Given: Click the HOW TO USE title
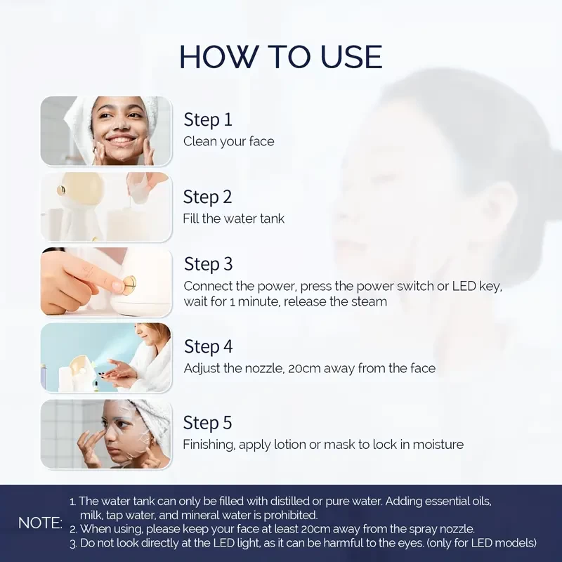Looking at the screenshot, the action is tap(280, 57).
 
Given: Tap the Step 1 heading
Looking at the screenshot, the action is tap(208, 119).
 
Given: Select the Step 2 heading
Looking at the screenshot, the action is tap(207, 197).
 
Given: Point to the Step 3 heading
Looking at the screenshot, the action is tap(208, 264).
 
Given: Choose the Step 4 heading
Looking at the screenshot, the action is tap(208, 346).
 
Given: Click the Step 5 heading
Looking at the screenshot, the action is tap(207, 423).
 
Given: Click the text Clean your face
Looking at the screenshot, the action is tap(229, 142).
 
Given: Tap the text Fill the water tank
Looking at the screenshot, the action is tap(234, 218).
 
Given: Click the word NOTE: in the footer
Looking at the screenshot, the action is tap(40, 523).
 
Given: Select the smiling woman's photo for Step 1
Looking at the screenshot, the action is tap(106, 131).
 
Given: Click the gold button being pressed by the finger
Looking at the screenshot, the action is tap(130, 284).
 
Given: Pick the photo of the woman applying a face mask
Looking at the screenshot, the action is tap(106, 434).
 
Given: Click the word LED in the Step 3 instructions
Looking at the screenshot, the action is tap(464, 286).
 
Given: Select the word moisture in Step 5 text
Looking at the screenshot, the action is tap(438, 445).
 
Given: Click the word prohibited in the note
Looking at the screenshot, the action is tap(291, 516).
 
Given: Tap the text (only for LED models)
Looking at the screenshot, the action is tap(481, 543).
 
